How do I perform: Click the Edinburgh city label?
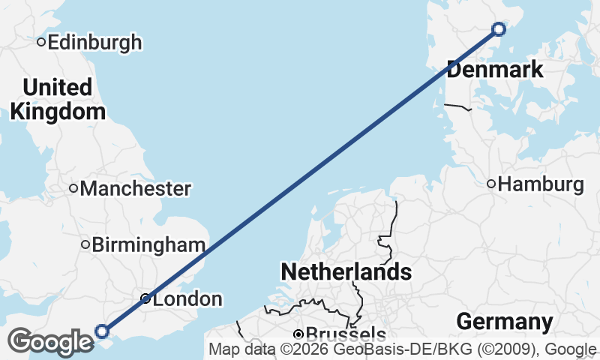pyautogui.click(x=94, y=42)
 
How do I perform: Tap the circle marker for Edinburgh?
pyautogui.click(x=42, y=42)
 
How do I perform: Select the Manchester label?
pyautogui.click(x=135, y=188)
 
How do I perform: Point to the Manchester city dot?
pyautogui.click(x=73, y=188)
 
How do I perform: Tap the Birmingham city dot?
pyautogui.click(x=85, y=244)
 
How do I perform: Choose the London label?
pyautogui.click(x=187, y=299)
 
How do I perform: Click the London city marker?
pyautogui.click(x=146, y=298)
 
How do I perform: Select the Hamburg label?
pyautogui.click(x=541, y=184)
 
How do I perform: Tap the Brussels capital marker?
pyautogui.click(x=298, y=334)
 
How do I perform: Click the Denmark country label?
pyautogui.click(x=495, y=70)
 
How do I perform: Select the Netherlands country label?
pyautogui.click(x=346, y=271)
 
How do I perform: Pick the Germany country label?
pyautogui.click(x=505, y=322)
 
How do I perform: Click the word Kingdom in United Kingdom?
pyautogui.click(x=58, y=112)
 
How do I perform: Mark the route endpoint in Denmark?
pyautogui.click(x=499, y=29)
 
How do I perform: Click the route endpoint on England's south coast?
pyautogui.click(x=103, y=331)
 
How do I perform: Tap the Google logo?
pyautogui.click(x=50, y=342)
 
